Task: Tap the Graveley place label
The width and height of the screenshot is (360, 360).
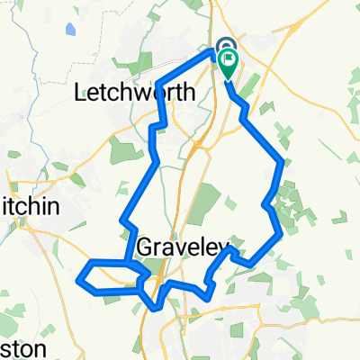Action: point(184,247)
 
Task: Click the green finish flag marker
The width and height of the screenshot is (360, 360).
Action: point(229,65)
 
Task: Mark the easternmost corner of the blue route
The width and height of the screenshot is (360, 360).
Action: point(284,162)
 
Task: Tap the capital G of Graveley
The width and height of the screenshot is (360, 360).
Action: point(146,247)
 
